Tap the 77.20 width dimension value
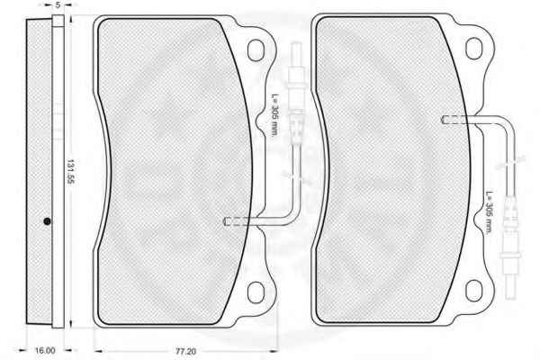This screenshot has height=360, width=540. coord(185,352)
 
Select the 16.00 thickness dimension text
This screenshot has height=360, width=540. coord(45,351)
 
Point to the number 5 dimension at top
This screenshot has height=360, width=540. coord(58,4)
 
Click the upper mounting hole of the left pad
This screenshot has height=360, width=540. coord(256,50)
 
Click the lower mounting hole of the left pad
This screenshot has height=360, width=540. coord(256,292)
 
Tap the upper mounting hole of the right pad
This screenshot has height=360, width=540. coord(474,49)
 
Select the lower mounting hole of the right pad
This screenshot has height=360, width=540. coord(474,291)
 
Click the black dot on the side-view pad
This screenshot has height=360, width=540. coord(47,221)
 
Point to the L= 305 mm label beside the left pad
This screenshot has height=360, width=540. coord(274,114)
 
